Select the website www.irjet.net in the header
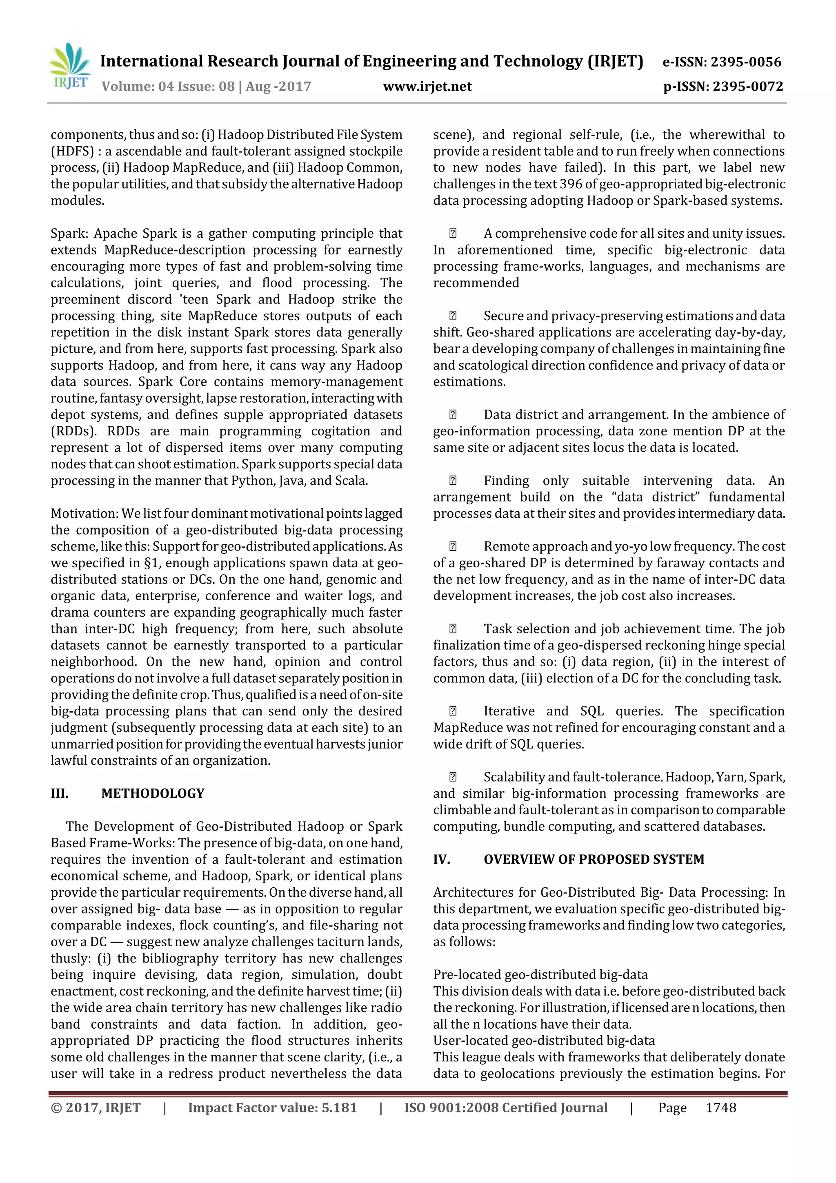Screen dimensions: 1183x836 pos(427,87)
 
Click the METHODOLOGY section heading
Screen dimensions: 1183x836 pos(153,793)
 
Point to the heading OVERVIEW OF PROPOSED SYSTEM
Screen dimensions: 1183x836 pos(594,860)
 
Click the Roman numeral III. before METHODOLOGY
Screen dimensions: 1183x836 pos(60,793)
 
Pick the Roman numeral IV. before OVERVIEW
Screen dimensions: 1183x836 pos(441,860)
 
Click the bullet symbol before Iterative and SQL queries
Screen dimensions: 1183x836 pos(453,711)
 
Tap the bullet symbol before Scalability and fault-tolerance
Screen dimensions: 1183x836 pos(453,778)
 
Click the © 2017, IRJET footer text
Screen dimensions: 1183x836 pos(96,1108)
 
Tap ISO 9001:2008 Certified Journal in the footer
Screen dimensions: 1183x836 pos(505,1108)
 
